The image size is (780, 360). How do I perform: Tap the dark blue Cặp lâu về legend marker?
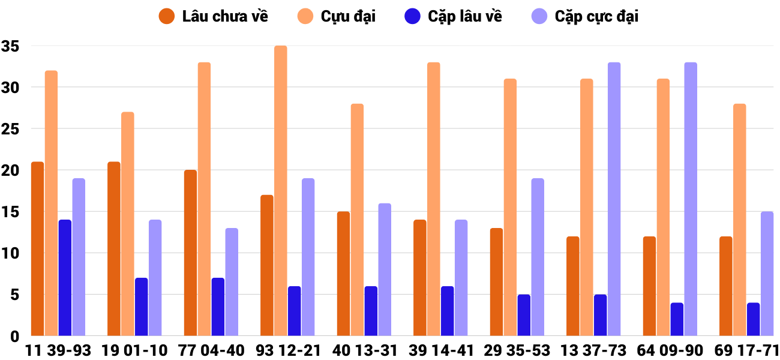[413, 16]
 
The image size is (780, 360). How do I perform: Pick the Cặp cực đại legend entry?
[596, 16]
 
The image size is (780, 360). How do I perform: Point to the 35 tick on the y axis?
[10, 46]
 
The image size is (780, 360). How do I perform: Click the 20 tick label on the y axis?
[10, 170]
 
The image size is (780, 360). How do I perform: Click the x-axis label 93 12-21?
[288, 350]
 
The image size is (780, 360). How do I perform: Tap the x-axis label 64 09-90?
[670, 350]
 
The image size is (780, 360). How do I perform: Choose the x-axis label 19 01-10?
[135, 350]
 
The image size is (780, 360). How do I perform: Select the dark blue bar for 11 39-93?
[65, 278]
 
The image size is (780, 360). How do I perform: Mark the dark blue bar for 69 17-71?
[753, 319]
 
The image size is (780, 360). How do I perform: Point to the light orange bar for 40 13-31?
[357, 220]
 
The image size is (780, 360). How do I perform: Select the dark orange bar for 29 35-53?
[496, 282]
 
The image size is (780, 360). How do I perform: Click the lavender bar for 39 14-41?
[461, 278]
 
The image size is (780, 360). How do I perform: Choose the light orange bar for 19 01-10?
[127, 224]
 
